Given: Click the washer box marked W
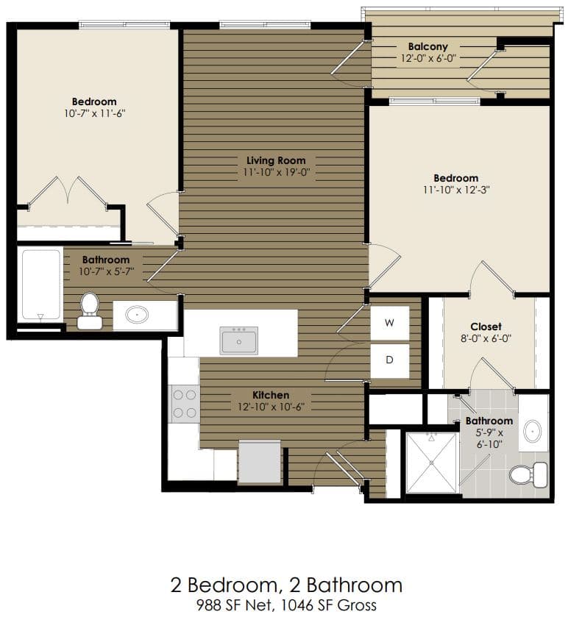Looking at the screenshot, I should (x=389, y=323).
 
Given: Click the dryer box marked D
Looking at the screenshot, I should (x=389, y=360).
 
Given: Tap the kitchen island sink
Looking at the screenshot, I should (x=239, y=341).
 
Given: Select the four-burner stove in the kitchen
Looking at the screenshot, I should (x=184, y=404).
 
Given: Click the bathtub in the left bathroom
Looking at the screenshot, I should (x=40, y=285).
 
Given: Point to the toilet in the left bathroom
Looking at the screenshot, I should (x=90, y=311).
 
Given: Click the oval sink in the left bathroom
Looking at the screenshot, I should (x=137, y=315).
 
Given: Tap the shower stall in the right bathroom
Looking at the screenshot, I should (x=431, y=462).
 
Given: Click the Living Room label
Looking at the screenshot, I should (x=276, y=160).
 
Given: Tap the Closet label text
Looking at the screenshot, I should (x=486, y=327).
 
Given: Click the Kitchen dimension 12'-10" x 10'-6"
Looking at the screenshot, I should (x=272, y=407).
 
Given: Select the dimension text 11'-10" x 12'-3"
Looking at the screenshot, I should (x=455, y=189).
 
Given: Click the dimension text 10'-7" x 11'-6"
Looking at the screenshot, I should (x=94, y=113).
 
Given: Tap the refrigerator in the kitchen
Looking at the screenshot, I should (x=260, y=461).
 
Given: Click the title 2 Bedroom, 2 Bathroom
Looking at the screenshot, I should (x=286, y=585).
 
